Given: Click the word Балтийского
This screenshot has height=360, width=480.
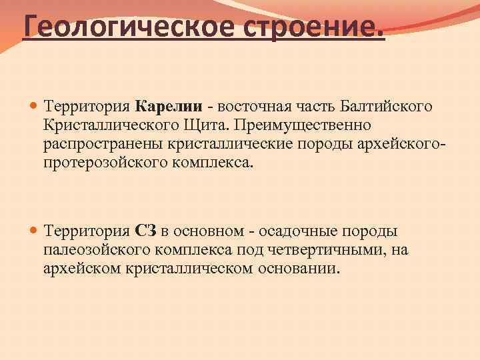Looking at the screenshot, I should (386, 107).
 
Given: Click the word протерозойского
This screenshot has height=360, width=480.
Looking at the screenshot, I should (101, 163).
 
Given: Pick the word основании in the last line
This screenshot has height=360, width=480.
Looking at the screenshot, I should (300, 269).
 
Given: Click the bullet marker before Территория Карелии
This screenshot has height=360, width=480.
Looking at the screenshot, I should (33, 107).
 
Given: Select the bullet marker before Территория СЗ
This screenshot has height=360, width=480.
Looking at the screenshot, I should (33, 231).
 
